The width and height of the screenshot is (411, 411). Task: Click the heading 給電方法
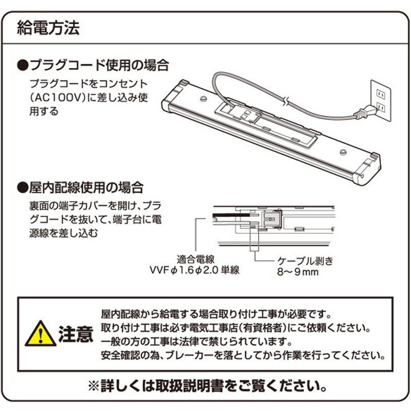(48, 28)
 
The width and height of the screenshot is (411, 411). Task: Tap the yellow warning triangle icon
(41, 334)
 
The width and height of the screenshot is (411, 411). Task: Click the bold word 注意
(76, 334)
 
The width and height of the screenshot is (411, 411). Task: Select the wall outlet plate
(381, 101)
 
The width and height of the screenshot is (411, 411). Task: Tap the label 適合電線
(196, 259)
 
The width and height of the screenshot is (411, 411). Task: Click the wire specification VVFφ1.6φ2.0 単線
(195, 270)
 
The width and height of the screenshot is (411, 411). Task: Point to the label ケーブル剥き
(305, 261)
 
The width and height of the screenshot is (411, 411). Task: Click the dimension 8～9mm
(298, 272)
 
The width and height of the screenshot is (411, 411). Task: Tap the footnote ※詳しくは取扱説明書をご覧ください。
(208, 386)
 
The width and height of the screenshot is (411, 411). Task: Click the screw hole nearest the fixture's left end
(203, 99)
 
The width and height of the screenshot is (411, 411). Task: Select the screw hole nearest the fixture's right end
(343, 152)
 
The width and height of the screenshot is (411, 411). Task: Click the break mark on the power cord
(287, 101)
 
